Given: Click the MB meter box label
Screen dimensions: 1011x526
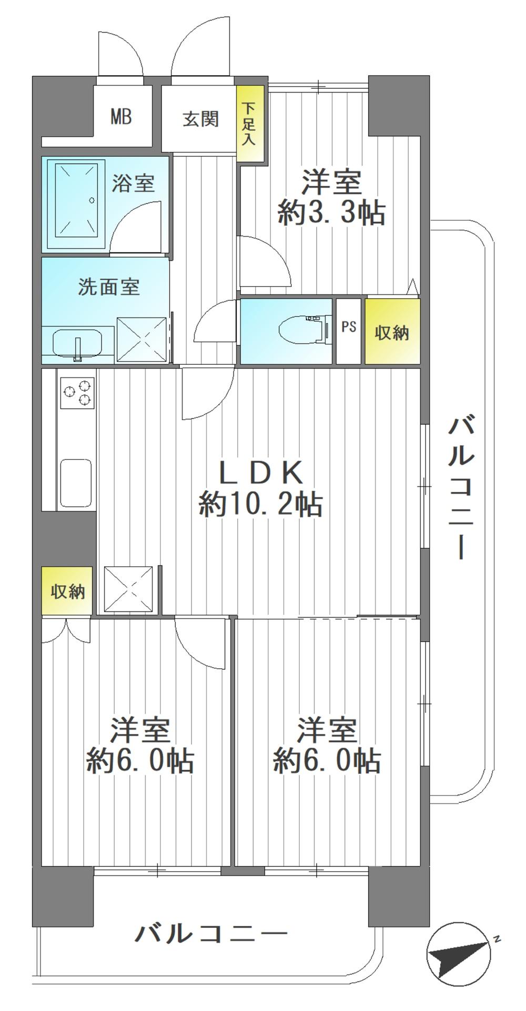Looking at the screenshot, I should click(x=121, y=117).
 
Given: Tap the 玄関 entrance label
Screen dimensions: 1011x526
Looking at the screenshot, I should click(x=200, y=119).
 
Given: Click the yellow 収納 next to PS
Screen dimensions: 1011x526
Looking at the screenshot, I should click(x=392, y=332).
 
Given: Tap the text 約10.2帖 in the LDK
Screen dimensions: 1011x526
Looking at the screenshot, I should click(x=261, y=505).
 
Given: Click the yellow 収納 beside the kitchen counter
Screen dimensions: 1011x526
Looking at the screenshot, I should click(x=67, y=591).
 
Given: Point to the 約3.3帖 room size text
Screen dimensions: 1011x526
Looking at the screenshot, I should click(x=331, y=213).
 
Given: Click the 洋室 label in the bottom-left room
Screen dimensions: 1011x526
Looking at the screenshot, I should click(x=140, y=730).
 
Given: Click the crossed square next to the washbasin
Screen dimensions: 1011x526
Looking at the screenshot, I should click(x=141, y=339).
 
